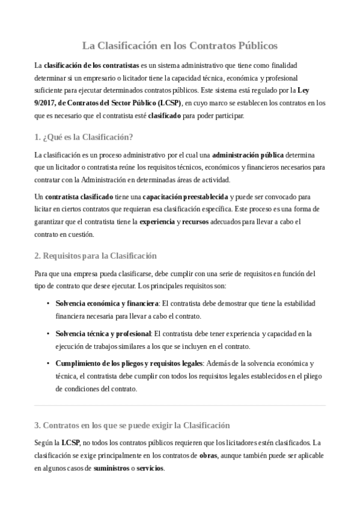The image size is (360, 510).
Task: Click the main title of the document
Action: pyautogui.click(x=180, y=45)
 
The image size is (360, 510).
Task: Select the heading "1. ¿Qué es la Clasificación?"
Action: pyautogui.click(x=84, y=137)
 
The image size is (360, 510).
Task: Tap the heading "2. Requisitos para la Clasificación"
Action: pyautogui.click(x=96, y=256)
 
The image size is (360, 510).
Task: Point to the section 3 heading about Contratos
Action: pyautogui.click(x=132, y=425)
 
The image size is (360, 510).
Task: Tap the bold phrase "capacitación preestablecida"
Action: pyautogui.click(x=186, y=197)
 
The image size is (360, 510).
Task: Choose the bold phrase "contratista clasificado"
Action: pyautogui.click(x=79, y=197)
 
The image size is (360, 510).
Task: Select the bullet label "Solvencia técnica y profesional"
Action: pyautogui.click(x=103, y=333)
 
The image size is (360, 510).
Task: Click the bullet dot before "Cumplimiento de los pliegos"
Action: pyautogui.click(x=48, y=363)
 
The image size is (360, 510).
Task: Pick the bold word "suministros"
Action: pyautogui.click(x=113, y=468)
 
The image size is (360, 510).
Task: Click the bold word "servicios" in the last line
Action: pyautogui.click(x=150, y=468)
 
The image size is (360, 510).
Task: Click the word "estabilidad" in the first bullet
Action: pyautogui.click(x=297, y=303)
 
